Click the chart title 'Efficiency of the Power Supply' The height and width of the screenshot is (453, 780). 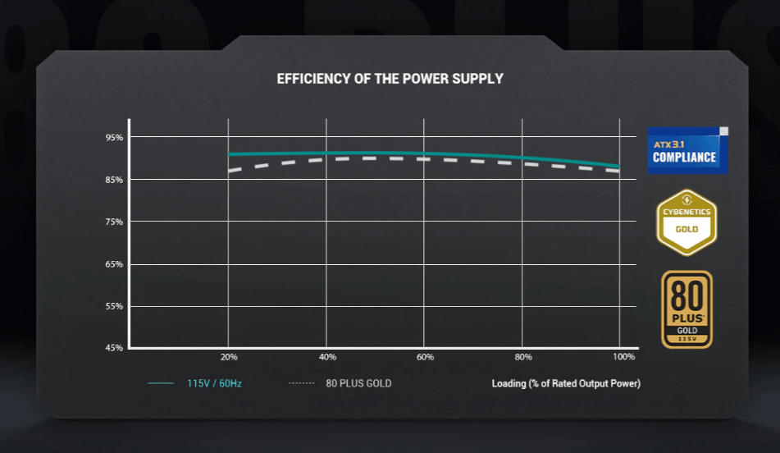click(x=390, y=79)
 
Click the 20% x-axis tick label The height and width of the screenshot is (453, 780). click(x=229, y=357)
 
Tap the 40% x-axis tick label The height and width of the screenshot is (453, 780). click(x=327, y=357)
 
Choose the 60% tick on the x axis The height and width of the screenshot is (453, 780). click(x=425, y=357)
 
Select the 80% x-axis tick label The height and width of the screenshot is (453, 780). click(x=523, y=357)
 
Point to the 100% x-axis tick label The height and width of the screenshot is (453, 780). click(x=623, y=357)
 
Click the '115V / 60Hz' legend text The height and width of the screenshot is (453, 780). click(x=215, y=383)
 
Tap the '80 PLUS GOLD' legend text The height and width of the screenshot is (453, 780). click(x=358, y=383)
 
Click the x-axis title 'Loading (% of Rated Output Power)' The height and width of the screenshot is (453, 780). click(x=566, y=383)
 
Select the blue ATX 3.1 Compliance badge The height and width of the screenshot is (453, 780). click(x=686, y=150)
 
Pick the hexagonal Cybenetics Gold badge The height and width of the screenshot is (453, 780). click(x=686, y=222)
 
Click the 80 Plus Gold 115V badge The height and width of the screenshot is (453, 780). click(x=686, y=309)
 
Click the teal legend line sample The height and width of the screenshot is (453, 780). click(x=161, y=383)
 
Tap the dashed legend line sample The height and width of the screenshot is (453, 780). click(x=303, y=383)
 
